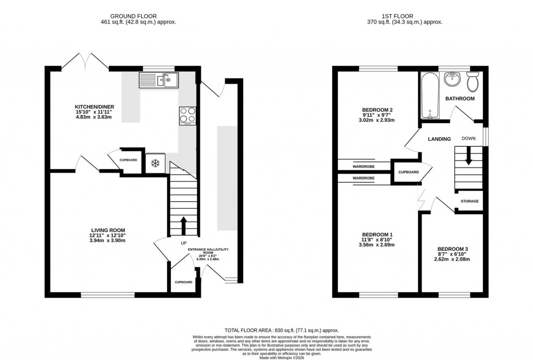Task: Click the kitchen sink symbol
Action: (x=158, y=80)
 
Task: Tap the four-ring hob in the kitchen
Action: (x=187, y=115)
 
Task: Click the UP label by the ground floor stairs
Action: (x=183, y=243)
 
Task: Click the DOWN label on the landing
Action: (x=468, y=139)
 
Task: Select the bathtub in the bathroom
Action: (x=430, y=96)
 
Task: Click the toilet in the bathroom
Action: (x=473, y=82)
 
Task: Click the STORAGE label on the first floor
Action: (x=469, y=201)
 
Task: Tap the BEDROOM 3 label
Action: (x=454, y=250)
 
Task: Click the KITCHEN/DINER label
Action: (x=93, y=106)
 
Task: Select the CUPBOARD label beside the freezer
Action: (x=129, y=160)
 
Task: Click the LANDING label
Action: (x=439, y=139)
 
